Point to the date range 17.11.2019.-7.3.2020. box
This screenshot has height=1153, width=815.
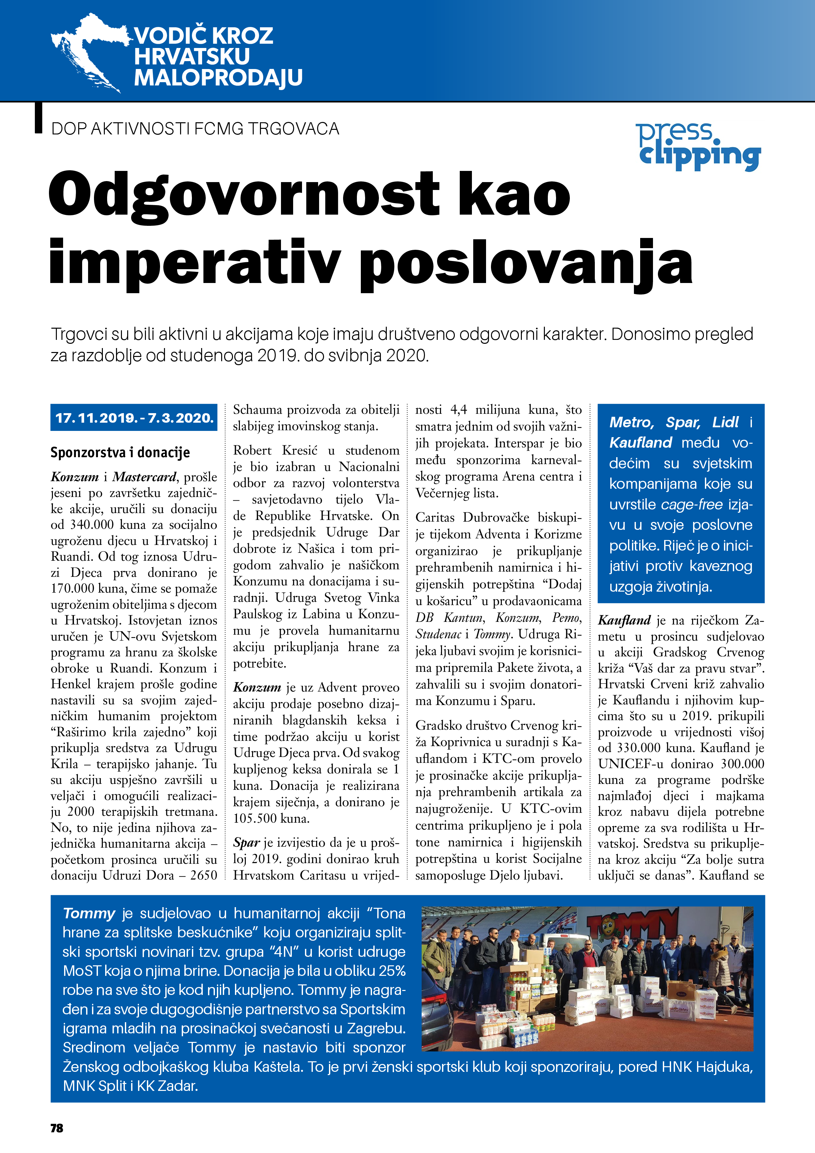click(x=134, y=418)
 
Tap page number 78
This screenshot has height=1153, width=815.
click(x=57, y=1128)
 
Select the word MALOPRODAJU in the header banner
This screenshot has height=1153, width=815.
click(x=219, y=78)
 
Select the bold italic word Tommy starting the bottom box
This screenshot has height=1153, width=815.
click(x=89, y=913)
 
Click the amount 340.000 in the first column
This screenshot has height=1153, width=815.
click(x=93, y=525)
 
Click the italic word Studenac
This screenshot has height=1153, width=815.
click(x=438, y=634)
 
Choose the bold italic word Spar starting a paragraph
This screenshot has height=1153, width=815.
click(x=246, y=843)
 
